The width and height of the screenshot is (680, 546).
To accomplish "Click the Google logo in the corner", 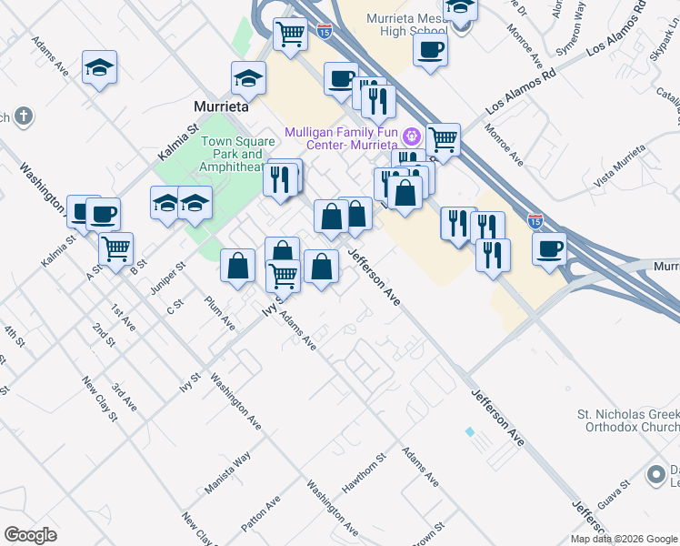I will click(30, 535).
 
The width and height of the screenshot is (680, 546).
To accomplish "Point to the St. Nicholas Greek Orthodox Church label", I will click(628, 420).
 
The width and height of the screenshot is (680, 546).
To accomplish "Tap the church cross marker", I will click(23, 116).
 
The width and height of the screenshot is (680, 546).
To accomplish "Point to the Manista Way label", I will click(227, 473).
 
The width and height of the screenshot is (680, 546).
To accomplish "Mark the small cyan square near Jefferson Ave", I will click(469, 431).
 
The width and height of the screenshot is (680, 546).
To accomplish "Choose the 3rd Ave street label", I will click(124, 397).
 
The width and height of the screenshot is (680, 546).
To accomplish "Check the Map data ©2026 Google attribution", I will click(624, 539).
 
